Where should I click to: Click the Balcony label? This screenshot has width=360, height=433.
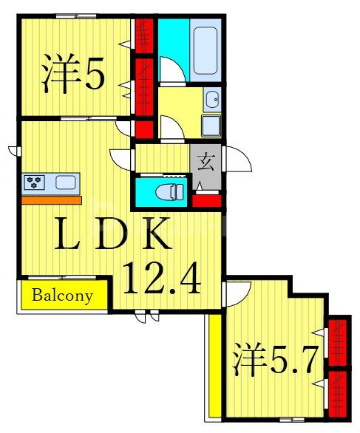[63, 296]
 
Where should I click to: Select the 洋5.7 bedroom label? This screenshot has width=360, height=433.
[276, 360]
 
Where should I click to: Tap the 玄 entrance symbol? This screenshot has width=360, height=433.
[204, 159]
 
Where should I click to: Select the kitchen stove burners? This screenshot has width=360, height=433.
[35, 182]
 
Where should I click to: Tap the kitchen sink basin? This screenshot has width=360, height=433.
[65, 182]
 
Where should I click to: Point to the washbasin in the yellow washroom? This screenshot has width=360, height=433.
[212, 99]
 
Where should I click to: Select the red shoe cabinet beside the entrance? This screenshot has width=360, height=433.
[206, 200]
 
